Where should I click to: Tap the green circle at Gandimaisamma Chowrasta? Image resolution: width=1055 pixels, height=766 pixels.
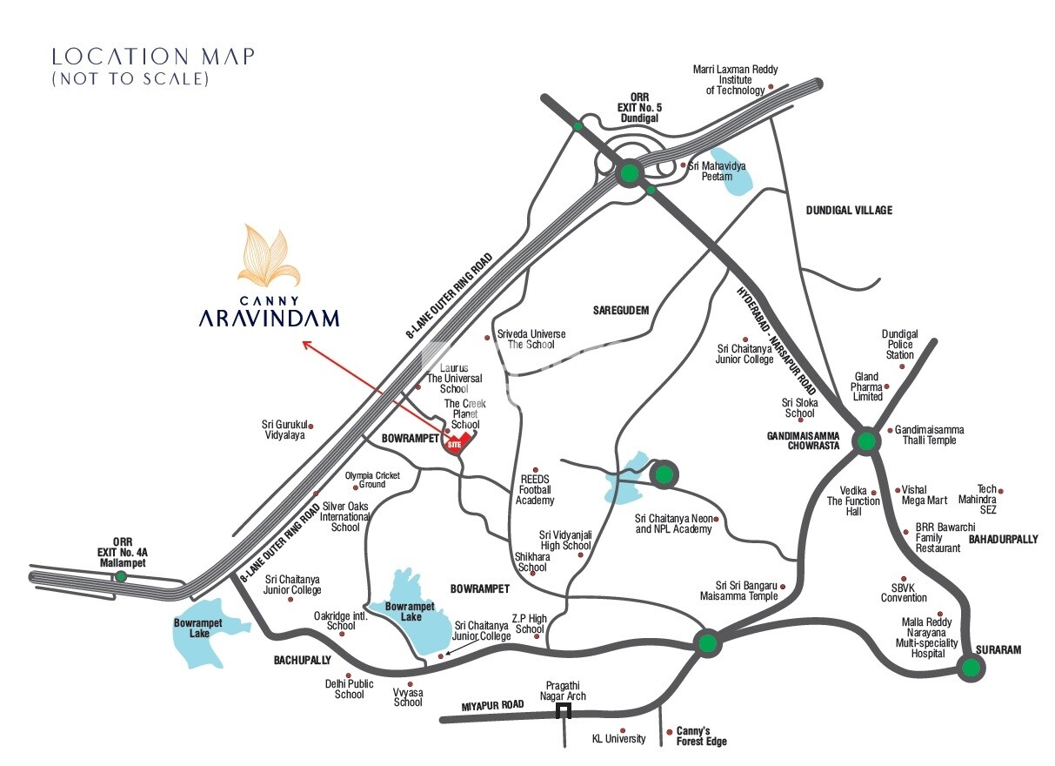pos(865,441)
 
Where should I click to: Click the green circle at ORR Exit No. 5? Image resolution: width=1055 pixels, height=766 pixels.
pos(628,174)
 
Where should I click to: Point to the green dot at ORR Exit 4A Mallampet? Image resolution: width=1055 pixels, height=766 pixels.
pos(121,576)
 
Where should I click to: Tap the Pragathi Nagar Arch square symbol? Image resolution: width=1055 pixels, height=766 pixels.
pos(564,712)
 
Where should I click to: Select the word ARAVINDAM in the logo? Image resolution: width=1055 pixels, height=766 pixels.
pos(269,319)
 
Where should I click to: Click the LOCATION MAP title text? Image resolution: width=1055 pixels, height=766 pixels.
pos(153,57)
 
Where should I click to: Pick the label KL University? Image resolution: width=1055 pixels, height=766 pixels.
pos(618,739)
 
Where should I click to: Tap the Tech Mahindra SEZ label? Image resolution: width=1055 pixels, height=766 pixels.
pos(986,500)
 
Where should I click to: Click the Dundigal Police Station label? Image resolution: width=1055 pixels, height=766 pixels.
pos(899,345)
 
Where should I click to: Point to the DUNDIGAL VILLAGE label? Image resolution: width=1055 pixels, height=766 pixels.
pos(848,211)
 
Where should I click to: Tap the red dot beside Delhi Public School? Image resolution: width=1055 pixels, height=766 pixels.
pos(348,675)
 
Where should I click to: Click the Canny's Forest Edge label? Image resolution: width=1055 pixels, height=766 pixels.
pos(701,736)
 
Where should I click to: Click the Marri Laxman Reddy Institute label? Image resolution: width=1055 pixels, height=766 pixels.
pos(735,79)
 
